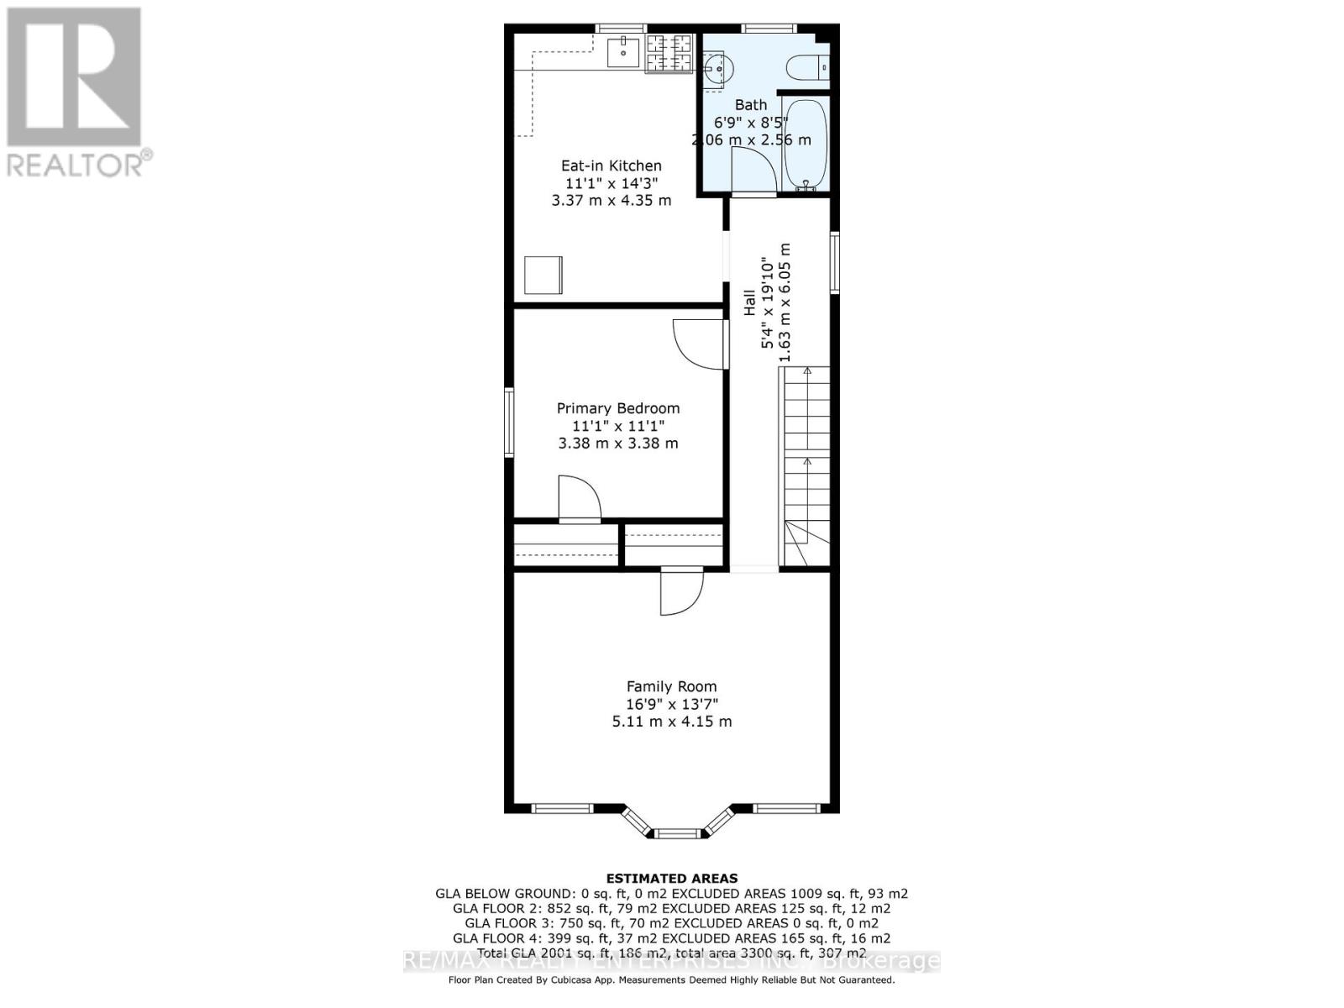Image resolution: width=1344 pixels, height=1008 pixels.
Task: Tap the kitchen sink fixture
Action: (623, 52)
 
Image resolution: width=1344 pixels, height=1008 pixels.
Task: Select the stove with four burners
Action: (669, 53)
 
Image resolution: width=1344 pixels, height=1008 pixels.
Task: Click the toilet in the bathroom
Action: (809, 66)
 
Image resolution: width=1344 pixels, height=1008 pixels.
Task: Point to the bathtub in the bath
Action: (806, 144)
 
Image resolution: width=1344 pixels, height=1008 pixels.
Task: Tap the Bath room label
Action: (751, 105)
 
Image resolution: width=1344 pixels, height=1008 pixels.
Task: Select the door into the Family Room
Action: (680, 592)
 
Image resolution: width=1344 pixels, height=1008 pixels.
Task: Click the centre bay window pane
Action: (677, 833)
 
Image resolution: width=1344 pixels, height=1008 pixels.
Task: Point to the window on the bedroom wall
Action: (509, 422)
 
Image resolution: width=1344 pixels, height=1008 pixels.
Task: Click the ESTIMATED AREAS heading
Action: (671, 879)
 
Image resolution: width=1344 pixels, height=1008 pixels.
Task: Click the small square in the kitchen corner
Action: (543, 276)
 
